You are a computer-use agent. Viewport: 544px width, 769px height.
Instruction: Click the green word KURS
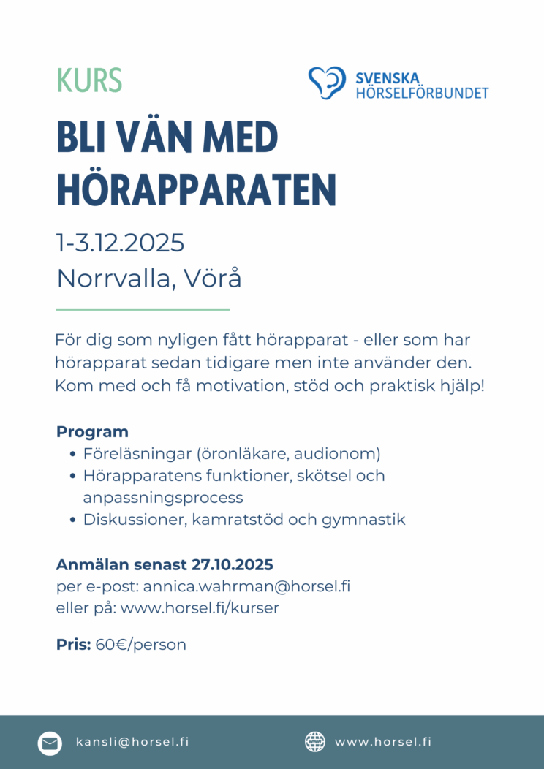[89, 80]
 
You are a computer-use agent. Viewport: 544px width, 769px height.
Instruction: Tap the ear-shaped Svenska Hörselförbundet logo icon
[326, 82]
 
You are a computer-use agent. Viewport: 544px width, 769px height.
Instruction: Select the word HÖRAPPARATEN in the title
[196, 189]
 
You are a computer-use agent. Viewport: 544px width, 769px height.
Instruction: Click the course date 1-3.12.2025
[120, 242]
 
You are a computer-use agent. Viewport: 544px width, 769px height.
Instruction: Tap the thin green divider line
[143, 310]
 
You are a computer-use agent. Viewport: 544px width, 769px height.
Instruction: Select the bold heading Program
[92, 431]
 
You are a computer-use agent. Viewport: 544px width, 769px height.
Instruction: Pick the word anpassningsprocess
[163, 498]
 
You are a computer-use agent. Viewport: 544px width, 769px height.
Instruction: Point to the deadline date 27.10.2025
[232, 564]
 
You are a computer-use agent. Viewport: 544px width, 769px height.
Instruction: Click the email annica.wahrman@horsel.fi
[246, 586]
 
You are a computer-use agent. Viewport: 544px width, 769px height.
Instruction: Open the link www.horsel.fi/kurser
[200, 607]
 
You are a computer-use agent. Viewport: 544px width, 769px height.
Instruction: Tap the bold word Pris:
[74, 645]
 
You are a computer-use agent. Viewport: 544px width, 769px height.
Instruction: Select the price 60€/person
[141, 645]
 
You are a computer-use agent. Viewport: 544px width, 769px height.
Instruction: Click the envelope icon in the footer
[50, 743]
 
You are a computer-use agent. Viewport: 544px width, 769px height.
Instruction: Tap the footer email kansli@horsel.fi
[132, 741]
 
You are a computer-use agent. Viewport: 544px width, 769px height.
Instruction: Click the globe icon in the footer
[314, 742]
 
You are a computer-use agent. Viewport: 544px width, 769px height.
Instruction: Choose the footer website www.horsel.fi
[383, 741]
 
